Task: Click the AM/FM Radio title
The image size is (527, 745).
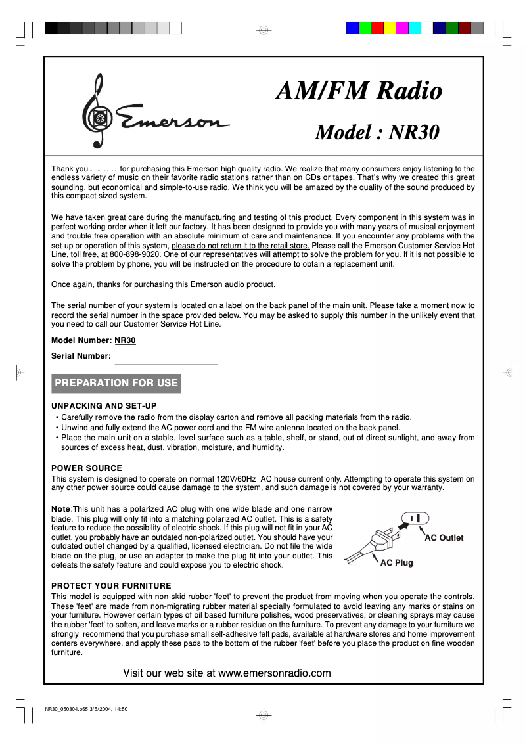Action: click(x=358, y=91)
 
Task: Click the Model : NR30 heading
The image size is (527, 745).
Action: click(x=377, y=132)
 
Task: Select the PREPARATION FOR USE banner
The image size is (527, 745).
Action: click(x=116, y=383)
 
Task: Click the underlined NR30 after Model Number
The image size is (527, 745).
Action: click(x=125, y=340)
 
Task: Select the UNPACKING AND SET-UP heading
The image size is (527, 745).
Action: click(x=104, y=406)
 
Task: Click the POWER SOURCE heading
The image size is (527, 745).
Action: click(x=87, y=468)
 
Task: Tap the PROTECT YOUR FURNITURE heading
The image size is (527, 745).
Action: click(x=111, y=586)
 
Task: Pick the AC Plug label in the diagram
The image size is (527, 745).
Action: click(x=397, y=563)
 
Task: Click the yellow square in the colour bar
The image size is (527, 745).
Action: click(x=390, y=28)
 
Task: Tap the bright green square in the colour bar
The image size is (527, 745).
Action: click(x=365, y=28)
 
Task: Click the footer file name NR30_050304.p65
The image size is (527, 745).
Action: click(x=66, y=709)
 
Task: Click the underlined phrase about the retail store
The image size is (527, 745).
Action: click(x=241, y=245)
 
